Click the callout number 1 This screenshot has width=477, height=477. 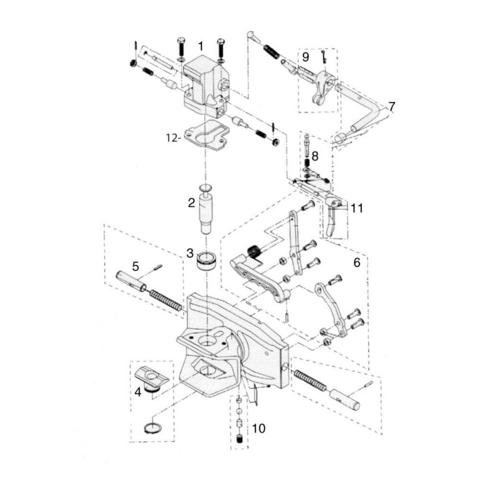point(201,46)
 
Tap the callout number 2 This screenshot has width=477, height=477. point(191,203)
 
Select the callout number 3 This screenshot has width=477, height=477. point(190,252)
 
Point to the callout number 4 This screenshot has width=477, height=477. point(138,392)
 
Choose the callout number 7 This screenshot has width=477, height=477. point(391,107)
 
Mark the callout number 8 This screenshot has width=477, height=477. point(315,156)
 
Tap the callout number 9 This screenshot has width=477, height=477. point(305,57)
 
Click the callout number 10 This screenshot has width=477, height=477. point(258,428)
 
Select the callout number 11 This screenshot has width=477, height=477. point(357,208)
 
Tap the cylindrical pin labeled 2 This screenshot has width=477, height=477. point(206,212)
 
